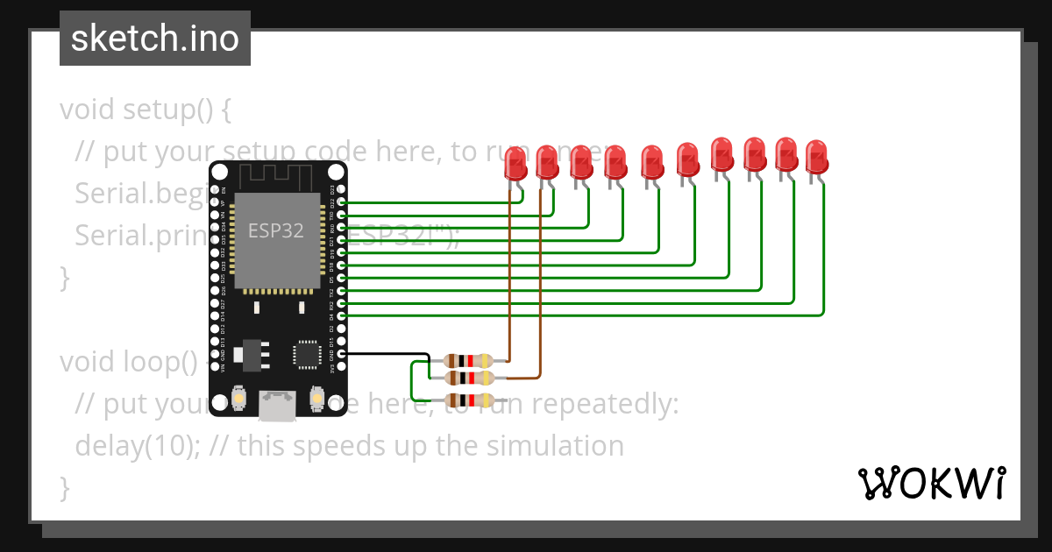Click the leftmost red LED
[x=515, y=164]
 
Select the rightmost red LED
[x=816, y=157]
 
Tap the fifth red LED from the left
[x=651, y=163]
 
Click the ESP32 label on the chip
[x=276, y=230]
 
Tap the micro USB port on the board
[x=277, y=405]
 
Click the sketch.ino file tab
[x=155, y=39]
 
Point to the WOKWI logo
[x=931, y=483]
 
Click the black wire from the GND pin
[x=386, y=354]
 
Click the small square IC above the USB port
[x=307, y=354]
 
